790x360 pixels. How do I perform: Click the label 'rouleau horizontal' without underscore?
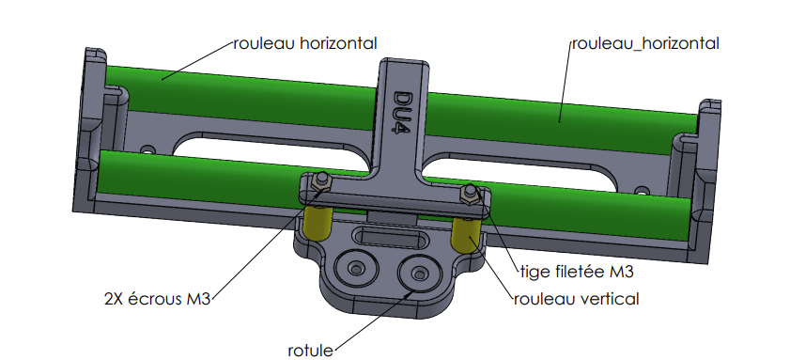304,43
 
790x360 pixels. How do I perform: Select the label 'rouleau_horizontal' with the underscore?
645,44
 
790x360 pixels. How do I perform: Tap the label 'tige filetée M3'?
577,272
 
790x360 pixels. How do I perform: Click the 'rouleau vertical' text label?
577,299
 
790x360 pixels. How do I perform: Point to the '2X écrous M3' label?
157,299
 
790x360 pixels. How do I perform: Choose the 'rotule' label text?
310,351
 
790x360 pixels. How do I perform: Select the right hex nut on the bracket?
470,195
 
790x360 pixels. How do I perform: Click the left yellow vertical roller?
318,222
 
